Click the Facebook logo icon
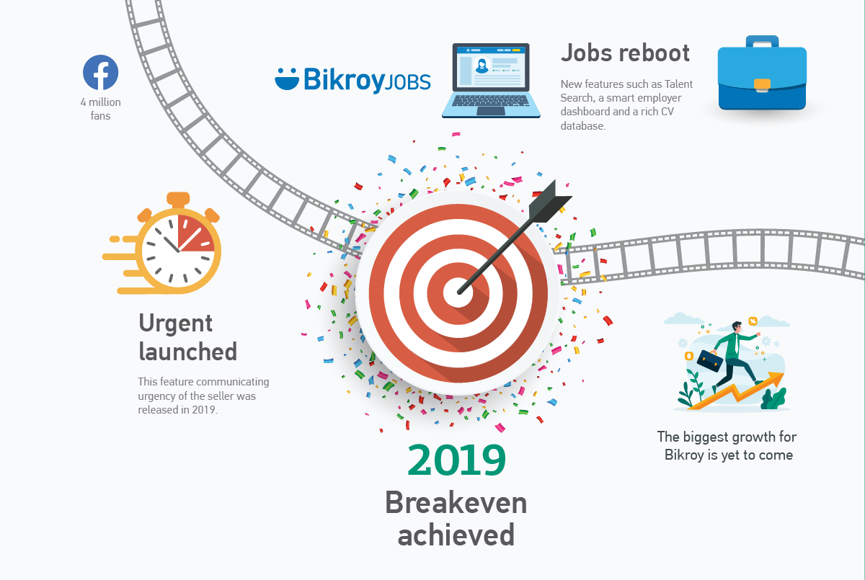tap(100, 73)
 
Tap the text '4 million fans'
tap(100, 109)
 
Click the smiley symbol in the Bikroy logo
tap(287, 79)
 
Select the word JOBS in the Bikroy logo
tap(408, 82)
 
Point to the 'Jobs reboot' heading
tap(625, 53)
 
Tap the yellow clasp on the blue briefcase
tap(762, 85)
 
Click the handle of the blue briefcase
tap(762, 41)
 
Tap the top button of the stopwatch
tap(178, 199)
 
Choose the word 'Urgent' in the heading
tap(175, 324)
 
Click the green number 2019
tap(456, 460)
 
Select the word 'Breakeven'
tap(456, 502)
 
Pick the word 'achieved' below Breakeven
tap(456, 535)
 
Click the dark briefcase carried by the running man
tap(710, 360)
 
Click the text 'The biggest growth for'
tap(727, 437)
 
